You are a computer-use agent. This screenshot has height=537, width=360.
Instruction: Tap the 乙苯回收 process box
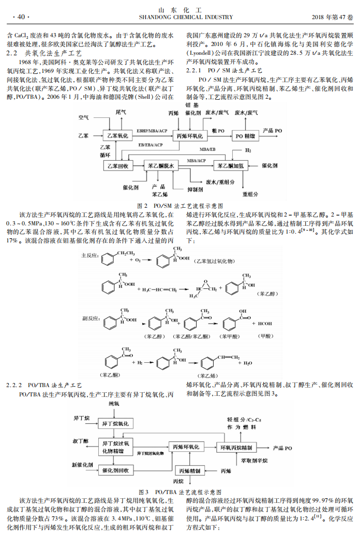pos(116,165)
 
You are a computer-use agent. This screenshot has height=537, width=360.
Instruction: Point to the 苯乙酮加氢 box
pos(232,165)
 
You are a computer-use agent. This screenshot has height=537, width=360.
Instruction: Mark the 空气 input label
pos(84,118)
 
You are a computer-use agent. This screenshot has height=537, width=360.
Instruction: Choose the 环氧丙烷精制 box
pos(236,447)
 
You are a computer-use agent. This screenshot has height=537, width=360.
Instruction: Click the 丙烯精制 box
pos(190,471)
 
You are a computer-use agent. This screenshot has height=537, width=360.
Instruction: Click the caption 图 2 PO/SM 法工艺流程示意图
pos(180,205)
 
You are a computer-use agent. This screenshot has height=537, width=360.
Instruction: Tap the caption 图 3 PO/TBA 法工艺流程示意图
pos(180,492)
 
